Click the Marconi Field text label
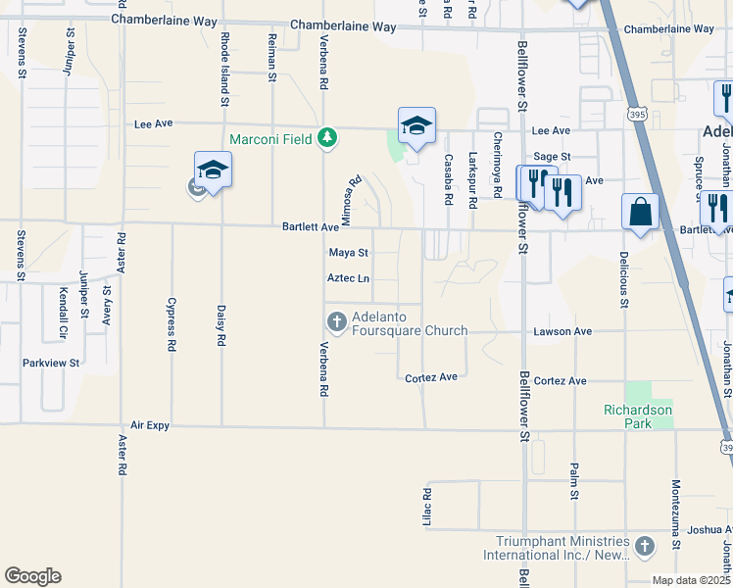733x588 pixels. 271,139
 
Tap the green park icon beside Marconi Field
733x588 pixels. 329,139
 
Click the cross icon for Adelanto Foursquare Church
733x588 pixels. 336,320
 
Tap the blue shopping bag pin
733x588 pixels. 640,212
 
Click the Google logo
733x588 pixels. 32,576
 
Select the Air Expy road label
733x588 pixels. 150,426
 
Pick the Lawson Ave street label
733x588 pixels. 562,332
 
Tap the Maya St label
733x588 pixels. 347,253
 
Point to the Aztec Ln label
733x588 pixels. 348,279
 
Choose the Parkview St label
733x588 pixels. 52,363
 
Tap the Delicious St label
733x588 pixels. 623,277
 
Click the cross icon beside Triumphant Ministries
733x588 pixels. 644,546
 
